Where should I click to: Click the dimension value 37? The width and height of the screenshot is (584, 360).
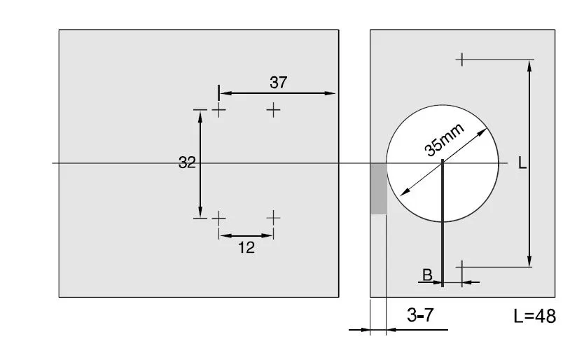click(x=279, y=83)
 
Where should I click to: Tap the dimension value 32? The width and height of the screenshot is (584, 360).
click(x=187, y=162)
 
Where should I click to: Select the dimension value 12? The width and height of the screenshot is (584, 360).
click(x=246, y=247)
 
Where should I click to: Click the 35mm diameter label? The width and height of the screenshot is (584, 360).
click(x=445, y=139)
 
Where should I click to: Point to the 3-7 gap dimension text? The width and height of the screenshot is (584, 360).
click(x=420, y=315)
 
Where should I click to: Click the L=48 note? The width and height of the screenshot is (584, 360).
click(x=534, y=316)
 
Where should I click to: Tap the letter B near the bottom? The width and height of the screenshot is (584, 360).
click(x=428, y=275)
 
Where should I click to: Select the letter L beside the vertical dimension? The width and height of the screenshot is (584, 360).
click(x=522, y=162)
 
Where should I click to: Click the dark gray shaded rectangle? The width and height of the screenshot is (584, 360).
click(x=379, y=188)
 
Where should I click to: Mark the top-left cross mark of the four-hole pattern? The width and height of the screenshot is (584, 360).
click(x=219, y=110)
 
